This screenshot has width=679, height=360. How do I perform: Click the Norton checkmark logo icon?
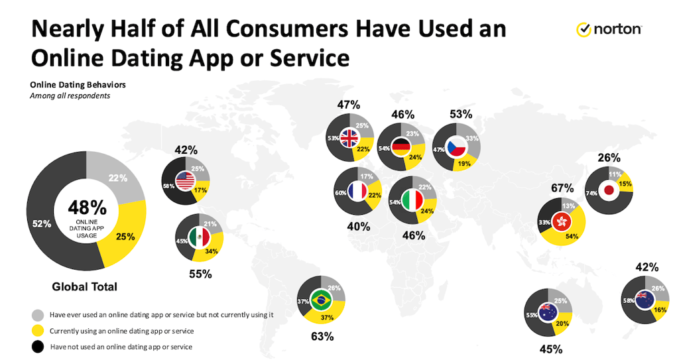584,29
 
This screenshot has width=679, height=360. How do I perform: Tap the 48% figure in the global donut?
87,208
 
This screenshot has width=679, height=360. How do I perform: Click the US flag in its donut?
186,181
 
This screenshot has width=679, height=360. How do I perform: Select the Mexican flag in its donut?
199,238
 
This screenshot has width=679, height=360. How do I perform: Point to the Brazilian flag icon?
321,298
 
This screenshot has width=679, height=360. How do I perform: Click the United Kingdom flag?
349,138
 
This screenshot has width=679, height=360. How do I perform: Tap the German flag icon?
401,147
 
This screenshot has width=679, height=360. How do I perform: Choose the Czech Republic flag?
456,148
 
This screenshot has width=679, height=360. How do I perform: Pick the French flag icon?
357,191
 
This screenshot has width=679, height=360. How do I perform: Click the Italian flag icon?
412,200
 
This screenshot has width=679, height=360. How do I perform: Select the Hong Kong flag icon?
562,222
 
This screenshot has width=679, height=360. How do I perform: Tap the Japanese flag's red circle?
609,190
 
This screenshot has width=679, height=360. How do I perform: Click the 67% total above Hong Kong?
562,188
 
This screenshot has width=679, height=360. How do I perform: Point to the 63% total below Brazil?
322,336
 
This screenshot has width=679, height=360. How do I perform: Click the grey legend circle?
38,315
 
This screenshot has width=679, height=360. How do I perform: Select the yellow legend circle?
38,331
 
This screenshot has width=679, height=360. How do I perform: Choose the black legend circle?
38,347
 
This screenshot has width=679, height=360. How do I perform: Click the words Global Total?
84,287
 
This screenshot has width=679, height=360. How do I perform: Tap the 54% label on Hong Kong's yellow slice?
572,237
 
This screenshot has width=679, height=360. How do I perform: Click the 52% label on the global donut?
42,224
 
